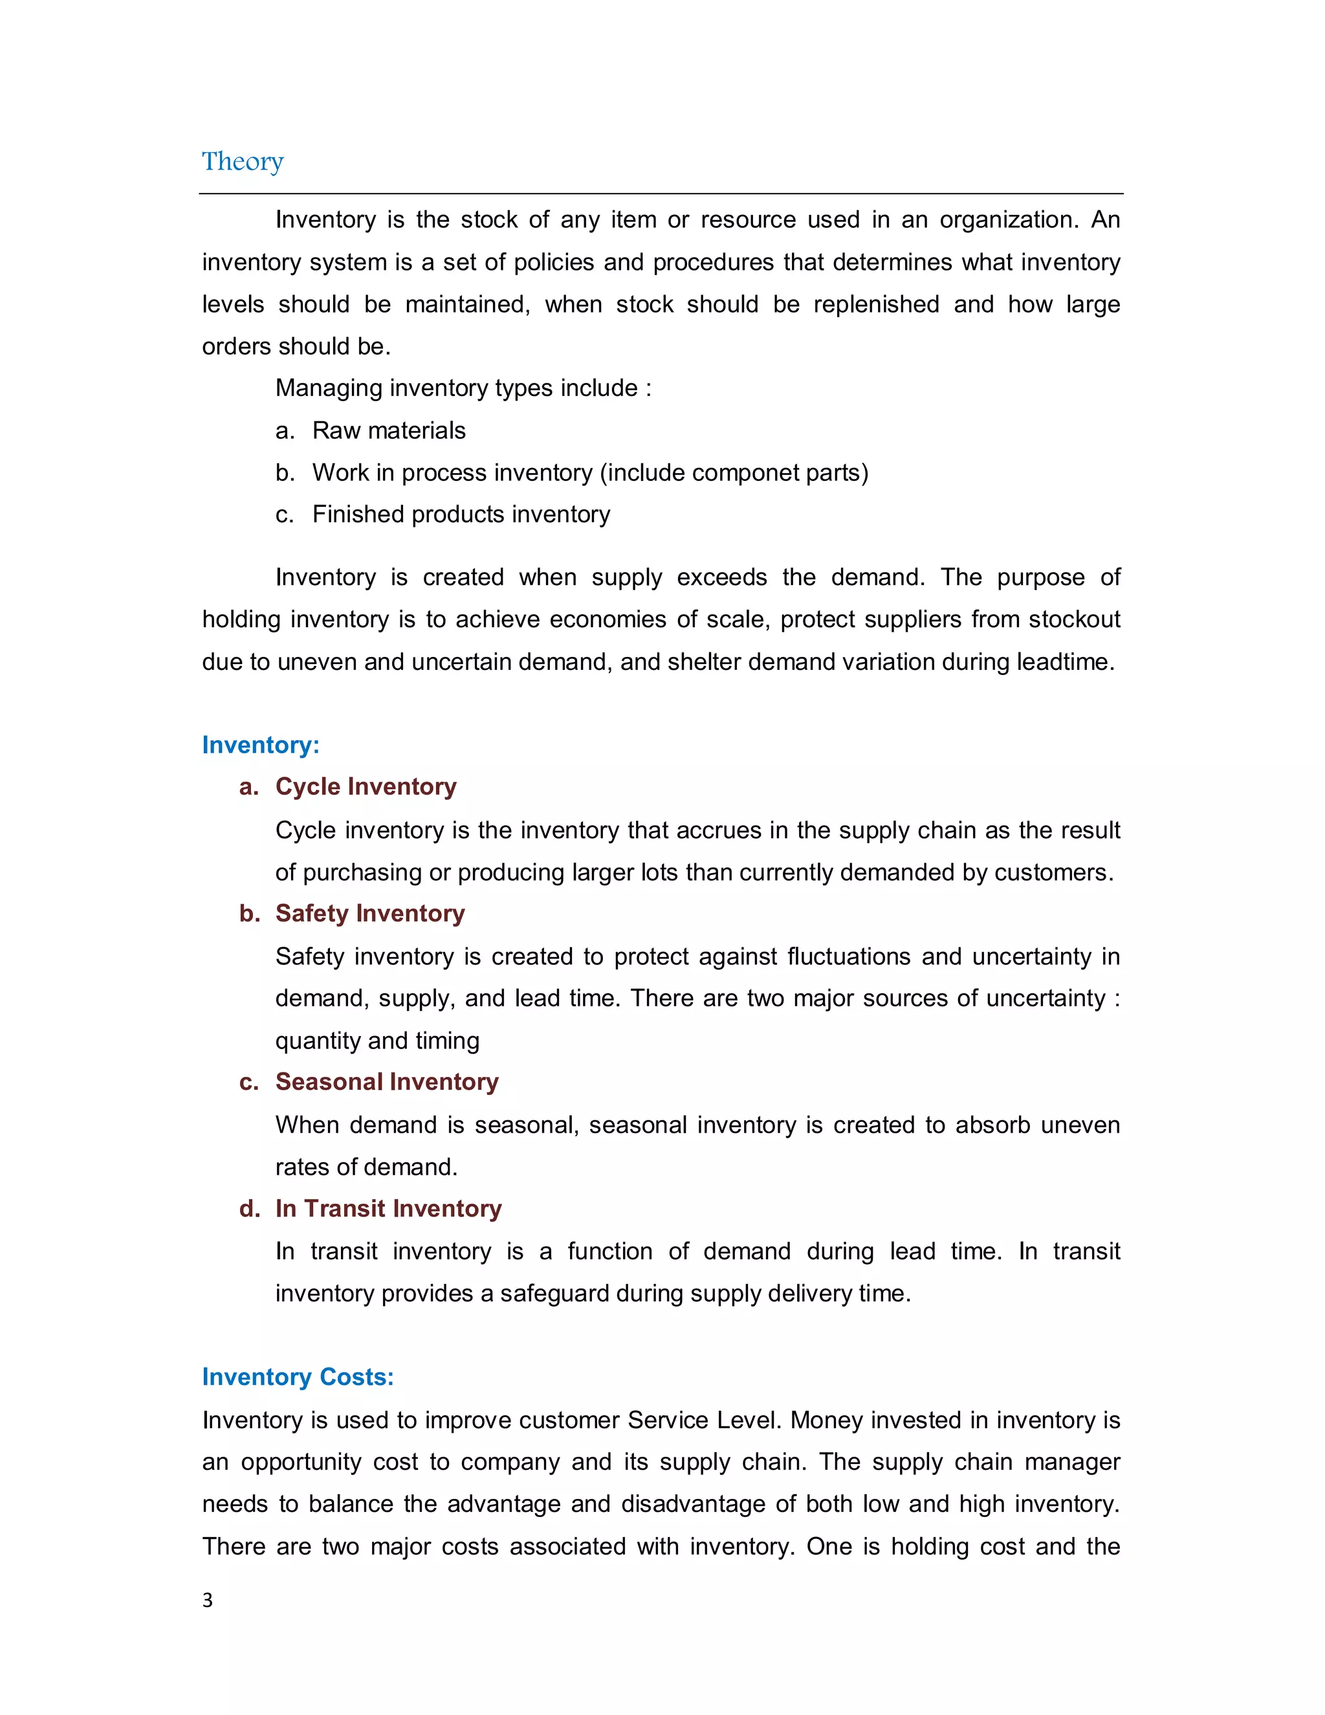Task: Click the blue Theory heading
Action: pos(243,161)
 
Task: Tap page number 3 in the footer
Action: pos(207,1600)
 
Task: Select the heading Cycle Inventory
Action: pos(366,786)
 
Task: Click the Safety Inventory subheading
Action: pos(369,913)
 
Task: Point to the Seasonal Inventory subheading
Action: pos(387,1081)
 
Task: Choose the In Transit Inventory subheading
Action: pos(389,1208)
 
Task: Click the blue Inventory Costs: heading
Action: pos(298,1377)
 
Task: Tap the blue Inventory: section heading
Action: pos(261,744)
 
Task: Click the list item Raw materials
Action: pos(389,430)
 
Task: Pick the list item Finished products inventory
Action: pos(461,514)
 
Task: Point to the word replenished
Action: pos(876,304)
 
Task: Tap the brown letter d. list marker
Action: pos(249,1208)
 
